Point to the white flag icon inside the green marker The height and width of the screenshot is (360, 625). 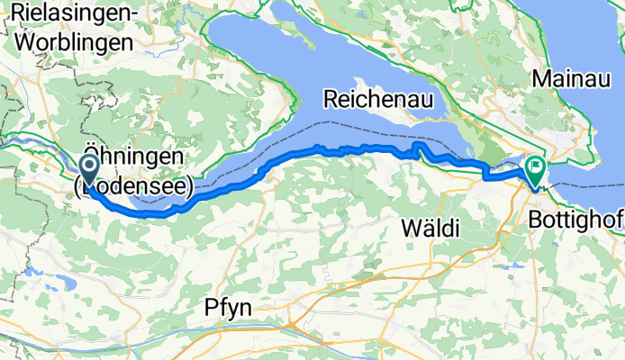coord(537,166)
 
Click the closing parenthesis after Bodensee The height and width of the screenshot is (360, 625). coord(191,187)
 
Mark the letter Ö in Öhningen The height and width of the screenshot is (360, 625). coord(92,154)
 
